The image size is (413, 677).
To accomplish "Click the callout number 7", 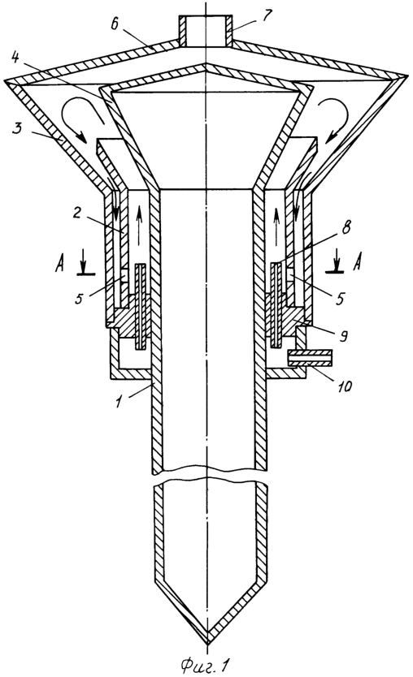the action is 267,15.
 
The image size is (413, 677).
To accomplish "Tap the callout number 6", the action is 114,24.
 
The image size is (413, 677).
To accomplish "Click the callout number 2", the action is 77,213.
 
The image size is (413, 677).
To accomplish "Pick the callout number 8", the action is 347,226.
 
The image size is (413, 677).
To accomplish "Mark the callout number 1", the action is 118,402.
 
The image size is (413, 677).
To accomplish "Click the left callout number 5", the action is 80,297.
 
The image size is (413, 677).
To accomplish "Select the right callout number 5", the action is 340,298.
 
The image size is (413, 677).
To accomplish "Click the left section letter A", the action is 60,263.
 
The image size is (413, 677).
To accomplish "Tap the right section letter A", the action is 357,262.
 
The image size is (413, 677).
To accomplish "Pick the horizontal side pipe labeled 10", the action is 310,357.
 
